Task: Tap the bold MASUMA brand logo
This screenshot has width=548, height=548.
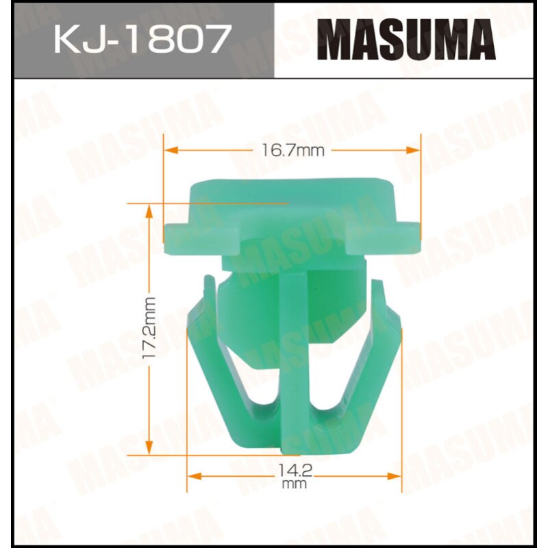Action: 409,40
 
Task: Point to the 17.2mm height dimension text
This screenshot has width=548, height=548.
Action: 150,328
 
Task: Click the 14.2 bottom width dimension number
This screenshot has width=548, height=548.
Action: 294,471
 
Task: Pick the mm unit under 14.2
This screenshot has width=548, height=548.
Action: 294,484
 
